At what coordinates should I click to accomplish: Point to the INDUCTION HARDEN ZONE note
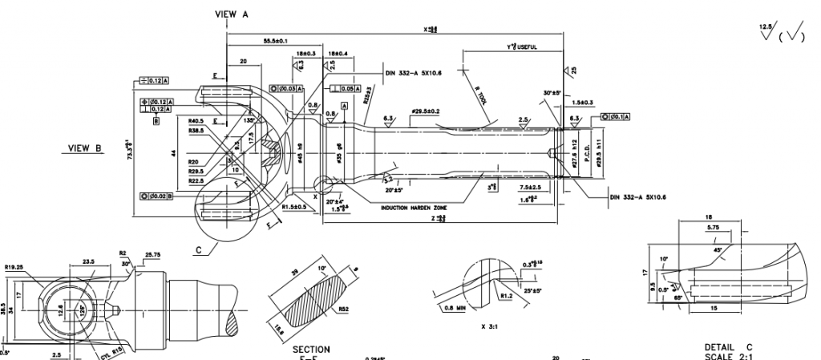pyautogui.click(x=411, y=207)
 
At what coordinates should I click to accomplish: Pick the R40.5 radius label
pyautogui.click(x=195, y=122)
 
